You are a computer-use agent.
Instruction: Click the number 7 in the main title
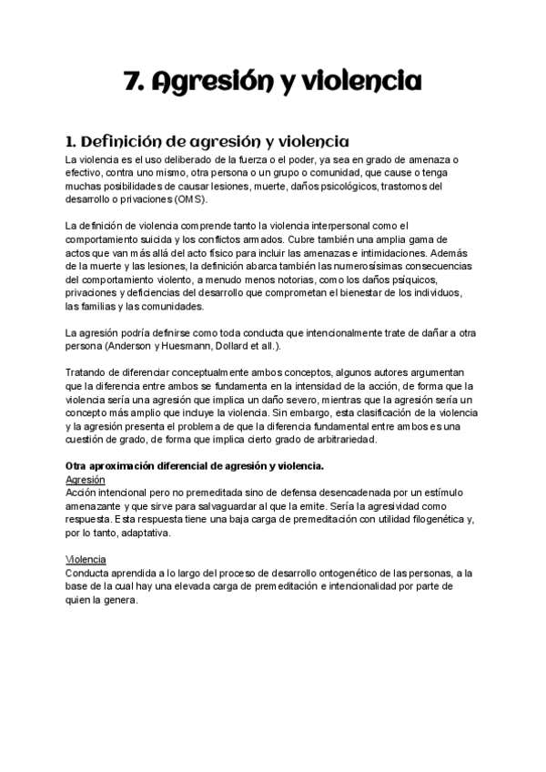point(130,83)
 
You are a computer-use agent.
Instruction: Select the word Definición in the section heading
point(125,142)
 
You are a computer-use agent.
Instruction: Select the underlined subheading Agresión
point(86,479)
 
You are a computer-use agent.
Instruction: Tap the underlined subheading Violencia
point(86,559)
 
